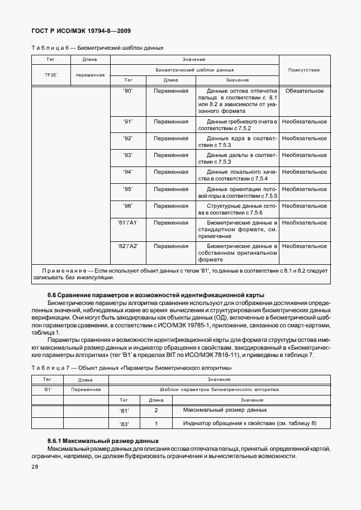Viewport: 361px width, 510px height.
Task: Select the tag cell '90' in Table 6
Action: (127, 90)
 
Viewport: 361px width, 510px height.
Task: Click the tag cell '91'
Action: (127, 121)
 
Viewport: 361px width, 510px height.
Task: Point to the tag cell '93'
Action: (127, 155)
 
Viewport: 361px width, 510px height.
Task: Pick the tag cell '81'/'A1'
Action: (127, 222)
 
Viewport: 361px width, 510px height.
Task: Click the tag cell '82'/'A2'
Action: (127, 246)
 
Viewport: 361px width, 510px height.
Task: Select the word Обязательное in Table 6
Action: (305, 90)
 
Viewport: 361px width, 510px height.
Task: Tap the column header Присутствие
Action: (303, 70)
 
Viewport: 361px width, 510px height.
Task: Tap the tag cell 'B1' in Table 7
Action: (47, 389)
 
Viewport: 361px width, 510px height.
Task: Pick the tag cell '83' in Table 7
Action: (124, 424)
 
